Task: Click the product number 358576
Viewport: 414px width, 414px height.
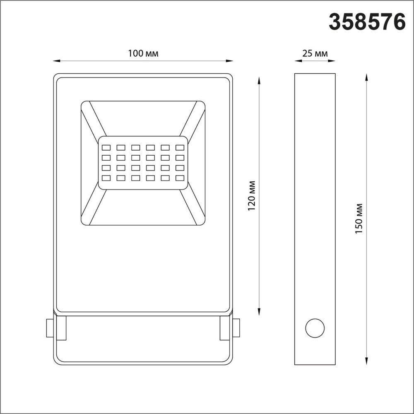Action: pos(367,22)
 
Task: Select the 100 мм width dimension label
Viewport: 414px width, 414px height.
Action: pos(143,53)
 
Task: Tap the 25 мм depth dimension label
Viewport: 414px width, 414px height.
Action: pos(315,53)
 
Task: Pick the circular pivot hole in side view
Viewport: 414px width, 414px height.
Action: pos(315,328)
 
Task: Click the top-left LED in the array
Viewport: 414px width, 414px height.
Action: pos(106,147)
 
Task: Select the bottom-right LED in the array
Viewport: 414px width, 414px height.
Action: pos(180,178)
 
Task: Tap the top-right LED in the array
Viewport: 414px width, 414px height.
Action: pos(180,147)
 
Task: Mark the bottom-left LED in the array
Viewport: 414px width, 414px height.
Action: pos(106,178)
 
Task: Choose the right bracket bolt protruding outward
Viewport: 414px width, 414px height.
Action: pos(236,327)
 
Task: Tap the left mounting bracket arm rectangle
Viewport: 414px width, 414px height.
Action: pos(61,328)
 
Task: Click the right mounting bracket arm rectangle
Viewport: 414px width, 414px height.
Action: pos(225,328)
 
